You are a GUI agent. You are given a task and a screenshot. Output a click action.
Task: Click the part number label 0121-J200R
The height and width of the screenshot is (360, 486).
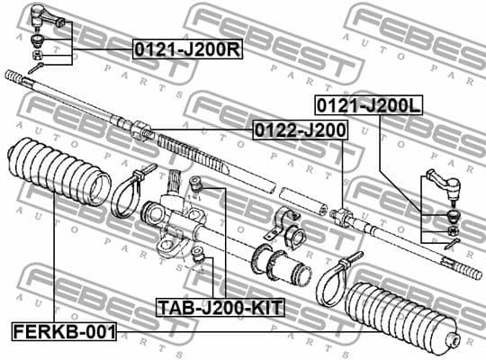tap(187, 49)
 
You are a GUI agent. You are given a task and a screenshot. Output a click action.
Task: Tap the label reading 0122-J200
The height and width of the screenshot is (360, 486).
tap(299, 130)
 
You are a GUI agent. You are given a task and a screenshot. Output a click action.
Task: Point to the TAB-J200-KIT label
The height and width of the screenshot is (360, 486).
tap(220, 308)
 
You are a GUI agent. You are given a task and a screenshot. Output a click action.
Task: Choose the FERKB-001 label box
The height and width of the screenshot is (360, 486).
tap(64, 331)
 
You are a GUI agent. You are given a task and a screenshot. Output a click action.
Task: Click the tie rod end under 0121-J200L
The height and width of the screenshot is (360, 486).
tap(443, 186)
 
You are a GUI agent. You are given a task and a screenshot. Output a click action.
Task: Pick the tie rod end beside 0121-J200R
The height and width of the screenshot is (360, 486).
tap(42, 16)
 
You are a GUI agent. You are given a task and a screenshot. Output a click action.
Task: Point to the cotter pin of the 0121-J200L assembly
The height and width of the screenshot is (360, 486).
tap(452, 244)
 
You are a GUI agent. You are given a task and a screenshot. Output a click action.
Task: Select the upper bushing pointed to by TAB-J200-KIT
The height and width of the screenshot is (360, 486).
tap(202, 187)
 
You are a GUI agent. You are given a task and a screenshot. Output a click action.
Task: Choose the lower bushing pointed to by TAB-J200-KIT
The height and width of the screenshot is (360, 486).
tap(201, 262)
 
